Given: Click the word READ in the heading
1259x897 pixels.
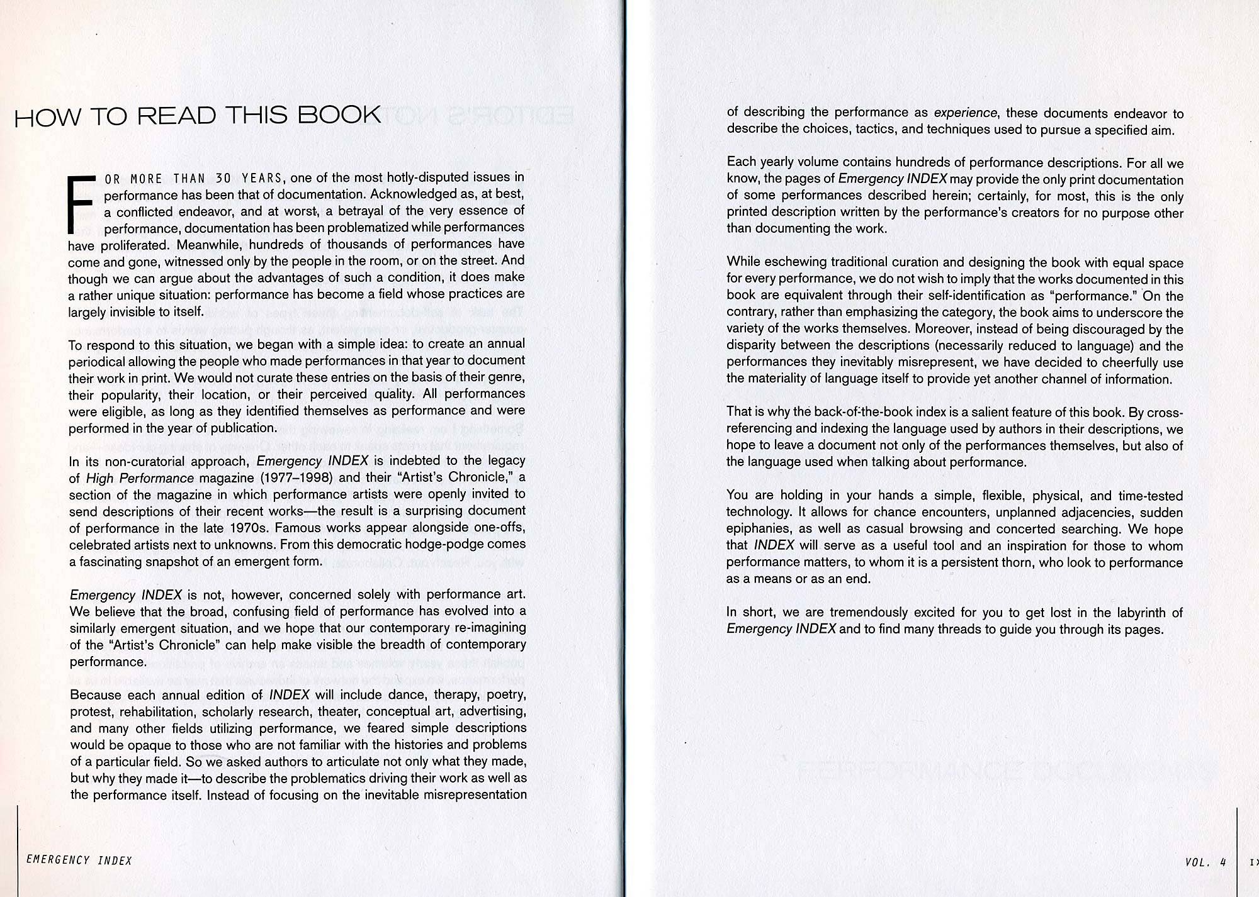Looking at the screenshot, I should [177, 116].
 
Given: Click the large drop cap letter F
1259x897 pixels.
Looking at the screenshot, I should [80, 204].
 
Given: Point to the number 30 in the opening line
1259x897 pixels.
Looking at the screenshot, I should [223, 179].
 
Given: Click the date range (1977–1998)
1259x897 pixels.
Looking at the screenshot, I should [292, 477].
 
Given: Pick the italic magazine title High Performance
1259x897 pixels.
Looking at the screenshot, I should [140, 478].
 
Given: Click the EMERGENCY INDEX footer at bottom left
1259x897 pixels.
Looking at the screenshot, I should [79, 861].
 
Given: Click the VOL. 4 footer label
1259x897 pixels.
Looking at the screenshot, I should [1205, 862].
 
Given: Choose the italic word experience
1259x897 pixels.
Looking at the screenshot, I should [965, 113].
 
